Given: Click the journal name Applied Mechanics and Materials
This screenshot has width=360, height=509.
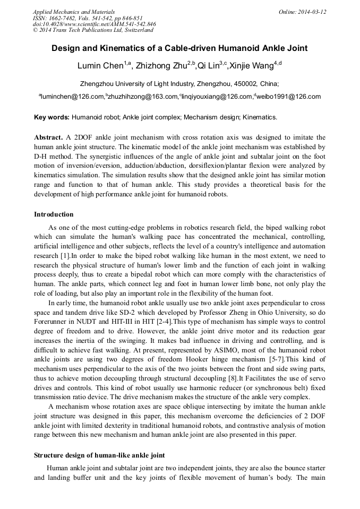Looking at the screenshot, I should (67, 11).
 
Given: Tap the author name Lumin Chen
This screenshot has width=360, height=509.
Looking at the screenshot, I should (100, 66).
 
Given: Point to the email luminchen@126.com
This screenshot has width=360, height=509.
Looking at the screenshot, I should (72, 97).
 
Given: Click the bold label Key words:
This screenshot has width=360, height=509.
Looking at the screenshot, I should (52, 117).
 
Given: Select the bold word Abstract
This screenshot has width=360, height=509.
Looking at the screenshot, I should (48, 137).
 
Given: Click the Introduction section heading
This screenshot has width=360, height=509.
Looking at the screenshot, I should (54, 214).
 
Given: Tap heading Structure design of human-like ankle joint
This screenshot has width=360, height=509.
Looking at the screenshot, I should (99, 455).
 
